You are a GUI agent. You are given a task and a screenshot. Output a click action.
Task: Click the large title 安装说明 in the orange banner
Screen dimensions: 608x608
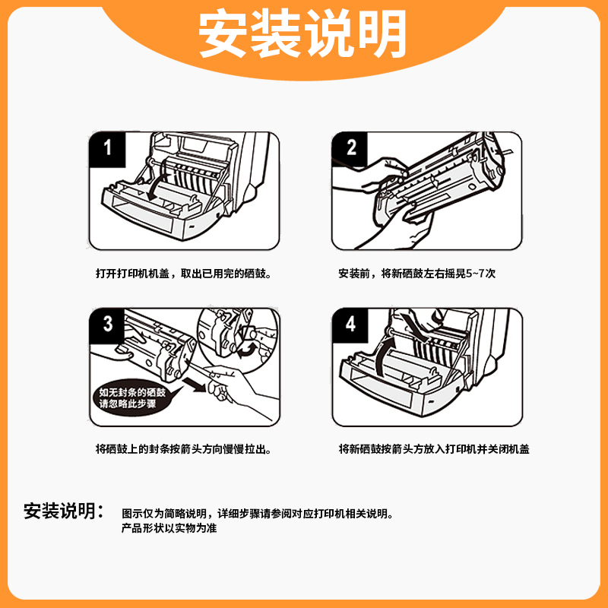coord(302,33)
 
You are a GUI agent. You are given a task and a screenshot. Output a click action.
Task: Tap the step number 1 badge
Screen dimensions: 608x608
coord(107,149)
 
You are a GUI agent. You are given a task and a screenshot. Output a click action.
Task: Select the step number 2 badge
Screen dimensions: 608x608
coord(350,149)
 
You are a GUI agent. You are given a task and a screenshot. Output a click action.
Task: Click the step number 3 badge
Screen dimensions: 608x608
coord(107,325)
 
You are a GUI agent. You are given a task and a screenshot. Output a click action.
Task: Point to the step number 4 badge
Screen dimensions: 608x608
coord(350,325)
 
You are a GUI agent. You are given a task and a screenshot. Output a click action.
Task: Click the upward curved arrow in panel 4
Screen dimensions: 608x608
coord(384,355)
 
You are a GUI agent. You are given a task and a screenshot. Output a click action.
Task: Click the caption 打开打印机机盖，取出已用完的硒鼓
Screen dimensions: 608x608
coord(183,274)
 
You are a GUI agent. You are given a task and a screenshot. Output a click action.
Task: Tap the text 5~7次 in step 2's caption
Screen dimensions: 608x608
coord(480,274)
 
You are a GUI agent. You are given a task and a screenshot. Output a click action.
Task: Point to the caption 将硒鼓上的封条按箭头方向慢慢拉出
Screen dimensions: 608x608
coord(183,449)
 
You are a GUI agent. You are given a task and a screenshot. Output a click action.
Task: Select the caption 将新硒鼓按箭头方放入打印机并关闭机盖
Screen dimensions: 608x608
coord(434,449)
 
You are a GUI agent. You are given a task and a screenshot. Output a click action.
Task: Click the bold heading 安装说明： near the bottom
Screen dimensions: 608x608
coord(64,511)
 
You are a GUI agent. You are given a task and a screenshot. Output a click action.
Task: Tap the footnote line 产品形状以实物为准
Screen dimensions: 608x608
coord(169,528)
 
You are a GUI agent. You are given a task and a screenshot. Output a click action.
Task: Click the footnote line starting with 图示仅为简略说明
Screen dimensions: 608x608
coord(258,514)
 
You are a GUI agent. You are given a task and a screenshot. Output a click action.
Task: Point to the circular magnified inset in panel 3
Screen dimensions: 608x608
coord(239,339)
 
